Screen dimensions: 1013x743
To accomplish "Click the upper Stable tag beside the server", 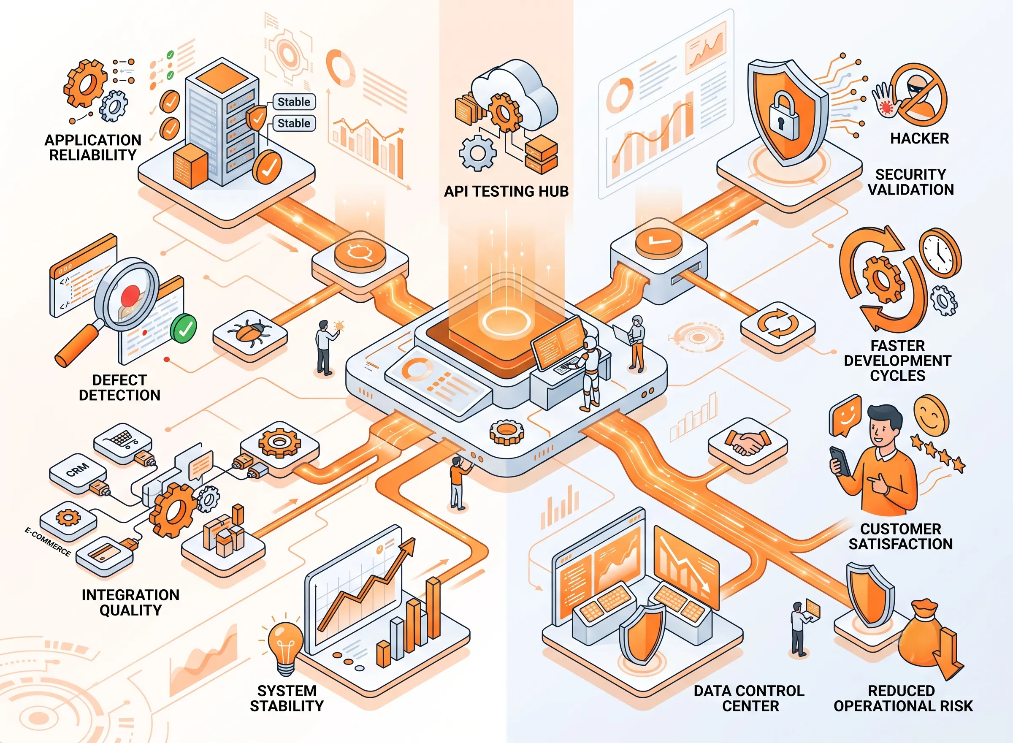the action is click(294, 102).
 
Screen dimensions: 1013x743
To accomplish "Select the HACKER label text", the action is click(919, 138).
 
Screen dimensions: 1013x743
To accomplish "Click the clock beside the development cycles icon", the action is click(940, 253).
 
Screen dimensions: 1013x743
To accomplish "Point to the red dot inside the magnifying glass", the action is click(130, 296).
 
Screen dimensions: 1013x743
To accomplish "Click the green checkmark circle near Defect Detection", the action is click(184, 329).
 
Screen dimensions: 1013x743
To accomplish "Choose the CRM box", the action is click(77, 472).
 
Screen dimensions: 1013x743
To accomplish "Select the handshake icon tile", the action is click(748, 444).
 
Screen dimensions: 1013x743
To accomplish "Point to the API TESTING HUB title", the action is click(506, 192).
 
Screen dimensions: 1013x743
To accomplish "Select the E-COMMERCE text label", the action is click(48, 542).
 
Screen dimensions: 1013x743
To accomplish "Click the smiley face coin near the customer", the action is click(931, 414).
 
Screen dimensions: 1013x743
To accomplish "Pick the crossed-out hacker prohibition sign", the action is click(919, 95).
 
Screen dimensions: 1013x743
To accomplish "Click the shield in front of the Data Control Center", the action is click(642, 634).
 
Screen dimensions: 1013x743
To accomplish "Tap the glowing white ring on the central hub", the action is click(506, 321).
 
